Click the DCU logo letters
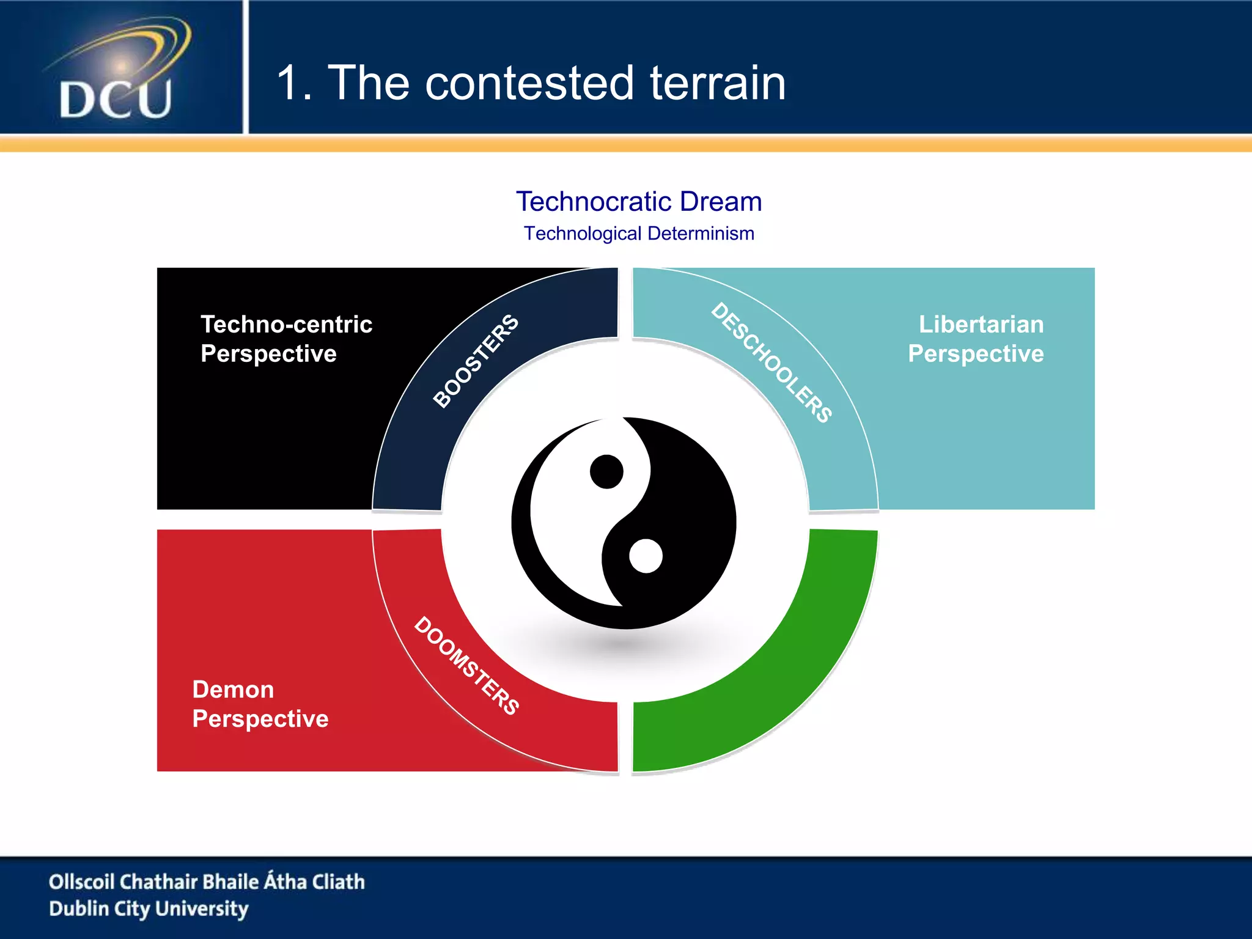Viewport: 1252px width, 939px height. (115, 99)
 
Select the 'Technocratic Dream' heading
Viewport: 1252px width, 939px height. (639, 202)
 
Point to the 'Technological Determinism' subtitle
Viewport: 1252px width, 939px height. (639, 234)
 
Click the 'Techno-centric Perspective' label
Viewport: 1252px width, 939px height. (286, 339)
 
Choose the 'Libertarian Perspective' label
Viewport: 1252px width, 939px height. (976, 339)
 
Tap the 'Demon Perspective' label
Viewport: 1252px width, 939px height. (260, 704)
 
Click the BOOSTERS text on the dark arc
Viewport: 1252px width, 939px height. (476, 361)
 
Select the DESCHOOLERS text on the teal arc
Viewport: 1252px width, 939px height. (771, 363)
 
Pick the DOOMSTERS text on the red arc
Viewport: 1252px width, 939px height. (467, 665)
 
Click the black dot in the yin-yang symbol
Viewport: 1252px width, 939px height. (606, 471)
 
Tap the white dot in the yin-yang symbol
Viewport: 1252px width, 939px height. (646, 556)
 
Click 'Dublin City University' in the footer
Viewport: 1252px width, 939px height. (149, 908)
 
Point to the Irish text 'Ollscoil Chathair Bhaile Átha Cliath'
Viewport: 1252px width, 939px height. (207, 882)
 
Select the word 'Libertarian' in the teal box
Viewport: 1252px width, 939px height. (981, 324)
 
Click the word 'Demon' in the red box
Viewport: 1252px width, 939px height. (233, 690)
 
